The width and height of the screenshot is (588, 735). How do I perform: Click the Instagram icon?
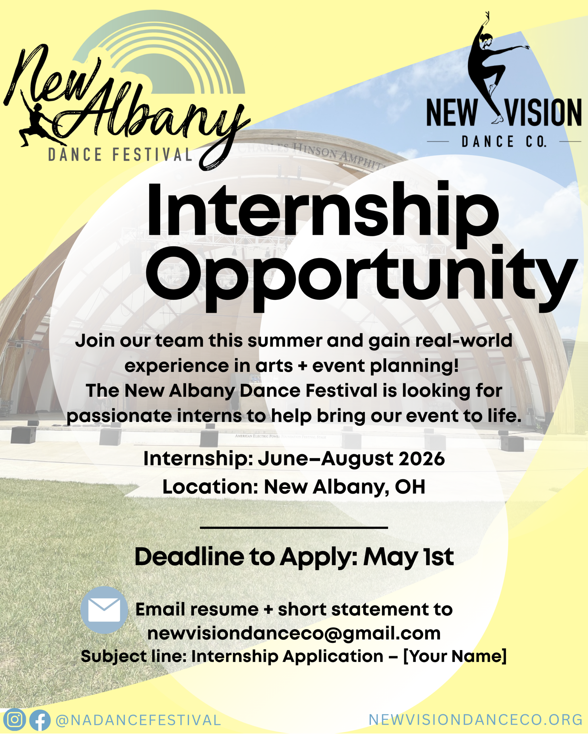point(14,719)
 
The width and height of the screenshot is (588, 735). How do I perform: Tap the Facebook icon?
point(40,720)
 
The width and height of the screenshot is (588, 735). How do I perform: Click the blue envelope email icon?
point(104,610)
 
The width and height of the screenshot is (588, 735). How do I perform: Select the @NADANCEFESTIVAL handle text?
point(138,720)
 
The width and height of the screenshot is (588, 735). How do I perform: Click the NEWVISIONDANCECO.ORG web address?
point(475,719)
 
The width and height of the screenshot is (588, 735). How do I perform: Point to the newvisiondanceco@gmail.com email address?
point(294,633)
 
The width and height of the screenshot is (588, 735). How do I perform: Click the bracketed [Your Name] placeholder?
point(455,656)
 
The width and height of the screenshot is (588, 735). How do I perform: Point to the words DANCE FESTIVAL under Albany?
point(120,155)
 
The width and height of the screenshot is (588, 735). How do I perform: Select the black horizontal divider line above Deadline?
point(294,527)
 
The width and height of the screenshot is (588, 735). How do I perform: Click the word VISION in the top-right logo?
point(544,113)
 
